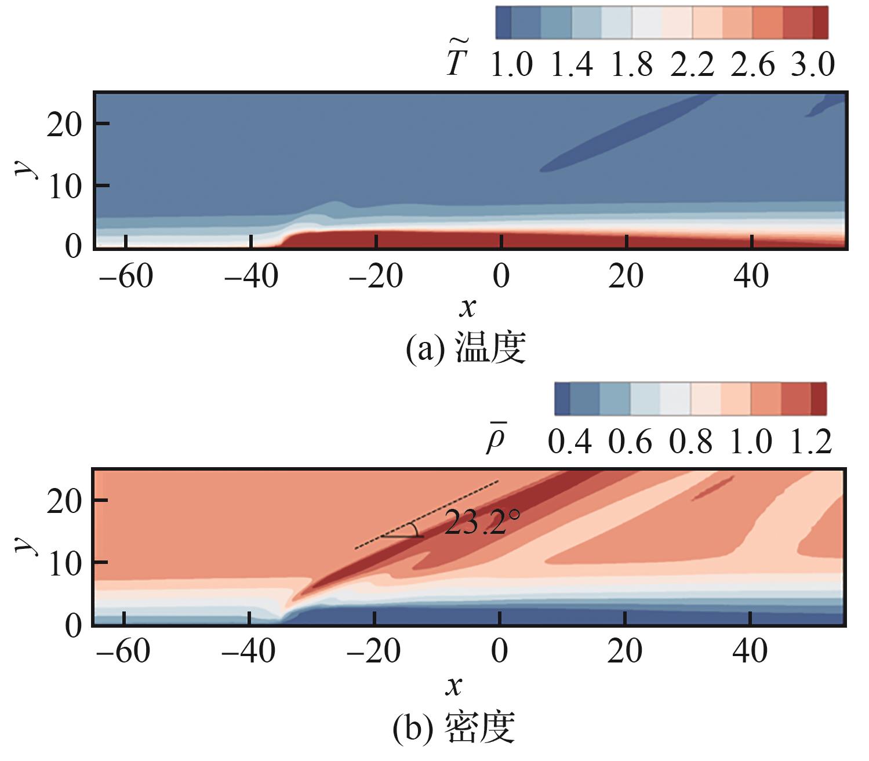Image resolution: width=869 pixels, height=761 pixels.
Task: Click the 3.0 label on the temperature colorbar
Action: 812,65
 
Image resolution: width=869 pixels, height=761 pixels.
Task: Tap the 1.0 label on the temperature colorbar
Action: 511,65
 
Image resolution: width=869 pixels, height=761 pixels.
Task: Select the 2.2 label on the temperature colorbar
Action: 692,65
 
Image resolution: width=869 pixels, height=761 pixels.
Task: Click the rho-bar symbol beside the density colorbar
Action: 496,442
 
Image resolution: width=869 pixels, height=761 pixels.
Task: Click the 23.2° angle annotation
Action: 479,523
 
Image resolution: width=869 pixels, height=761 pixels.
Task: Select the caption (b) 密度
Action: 454,728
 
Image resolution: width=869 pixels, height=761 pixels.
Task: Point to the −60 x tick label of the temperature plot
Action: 126,276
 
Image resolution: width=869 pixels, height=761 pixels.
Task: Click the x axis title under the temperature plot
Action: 467,307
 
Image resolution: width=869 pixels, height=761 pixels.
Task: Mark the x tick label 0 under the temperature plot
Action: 501,276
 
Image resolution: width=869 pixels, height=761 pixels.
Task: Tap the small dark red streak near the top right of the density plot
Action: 714,487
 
